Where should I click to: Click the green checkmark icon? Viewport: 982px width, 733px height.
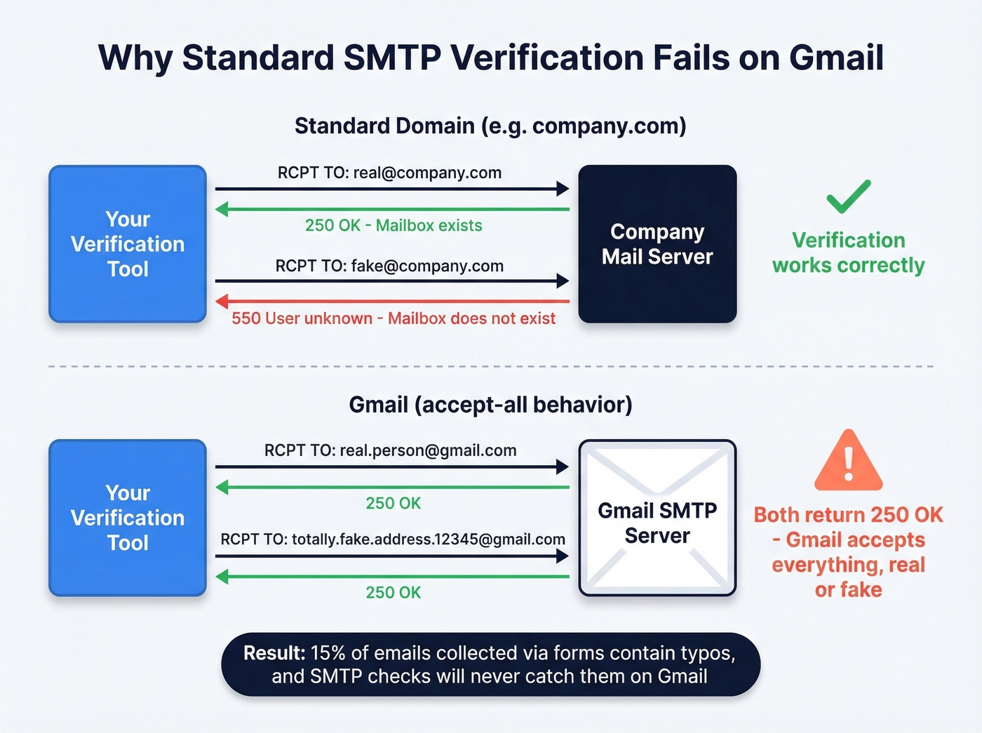pyautogui.click(x=848, y=196)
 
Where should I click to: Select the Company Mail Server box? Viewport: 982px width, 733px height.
pyautogui.click(x=657, y=244)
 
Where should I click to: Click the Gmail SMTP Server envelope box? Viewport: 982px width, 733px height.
pyautogui.click(x=657, y=518)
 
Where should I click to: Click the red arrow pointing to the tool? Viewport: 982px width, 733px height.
pyautogui.click(x=392, y=302)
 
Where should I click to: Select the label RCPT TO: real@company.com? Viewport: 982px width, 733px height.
pyautogui.click(x=389, y=173)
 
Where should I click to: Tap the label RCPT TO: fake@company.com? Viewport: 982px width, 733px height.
pyautogui.click(x=389, y=266)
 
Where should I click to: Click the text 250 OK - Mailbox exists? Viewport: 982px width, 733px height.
pyautogui.click(x=394, y=225)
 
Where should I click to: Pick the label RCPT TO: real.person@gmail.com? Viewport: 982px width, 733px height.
pyautogui.click(x=390, y=450)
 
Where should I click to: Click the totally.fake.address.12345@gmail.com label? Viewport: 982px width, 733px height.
pyautogui.click(x=393, y=539)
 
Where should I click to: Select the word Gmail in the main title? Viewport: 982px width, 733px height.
pyautogui.click(x=836, y=58)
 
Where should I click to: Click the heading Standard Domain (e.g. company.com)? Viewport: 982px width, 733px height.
pyautogui.click(x=490, y=126)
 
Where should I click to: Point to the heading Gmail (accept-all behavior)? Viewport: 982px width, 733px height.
pyautogui.click(x=490, y=405)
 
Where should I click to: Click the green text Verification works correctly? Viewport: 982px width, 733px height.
pyautogui.click(x=848, y=253)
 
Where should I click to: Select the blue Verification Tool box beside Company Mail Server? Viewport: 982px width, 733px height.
pyautogui.click(x=128, y=244)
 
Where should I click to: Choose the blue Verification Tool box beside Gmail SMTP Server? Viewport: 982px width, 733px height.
pyautogui.click(x=128, y=518)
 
